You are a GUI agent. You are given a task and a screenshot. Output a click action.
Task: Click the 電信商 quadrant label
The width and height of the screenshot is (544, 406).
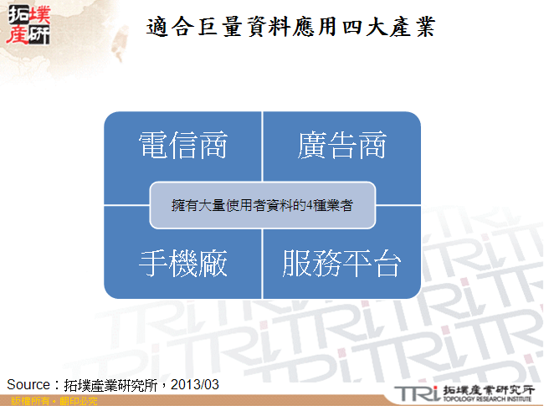click(x=182, y=146)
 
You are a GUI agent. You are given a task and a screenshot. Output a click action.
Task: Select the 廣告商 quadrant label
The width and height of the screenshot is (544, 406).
click(x=341, y=146)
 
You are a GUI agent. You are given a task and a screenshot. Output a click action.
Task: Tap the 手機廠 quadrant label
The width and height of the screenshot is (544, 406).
click(x=182, y=264)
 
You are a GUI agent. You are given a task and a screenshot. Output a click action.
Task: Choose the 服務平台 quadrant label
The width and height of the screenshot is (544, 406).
click(x=341, y=264)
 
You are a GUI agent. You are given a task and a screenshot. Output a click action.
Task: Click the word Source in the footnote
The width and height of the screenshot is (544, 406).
click(x=29, y=383)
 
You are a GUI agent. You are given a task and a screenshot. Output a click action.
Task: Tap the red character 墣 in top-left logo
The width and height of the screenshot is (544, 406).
click(x=39, y=14)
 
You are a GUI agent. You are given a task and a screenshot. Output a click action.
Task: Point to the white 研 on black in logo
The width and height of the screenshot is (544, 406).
click(x=39, y=36)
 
